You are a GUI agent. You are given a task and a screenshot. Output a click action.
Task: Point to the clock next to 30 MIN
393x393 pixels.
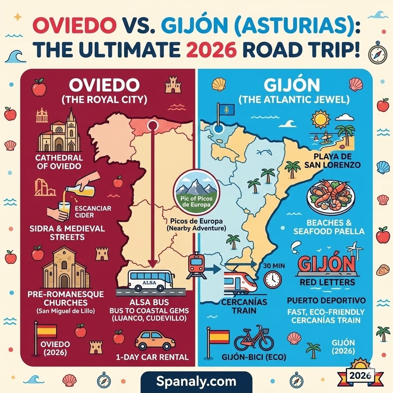(273, 279)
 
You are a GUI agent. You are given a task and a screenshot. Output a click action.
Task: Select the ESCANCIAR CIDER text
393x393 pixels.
(93, 212)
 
